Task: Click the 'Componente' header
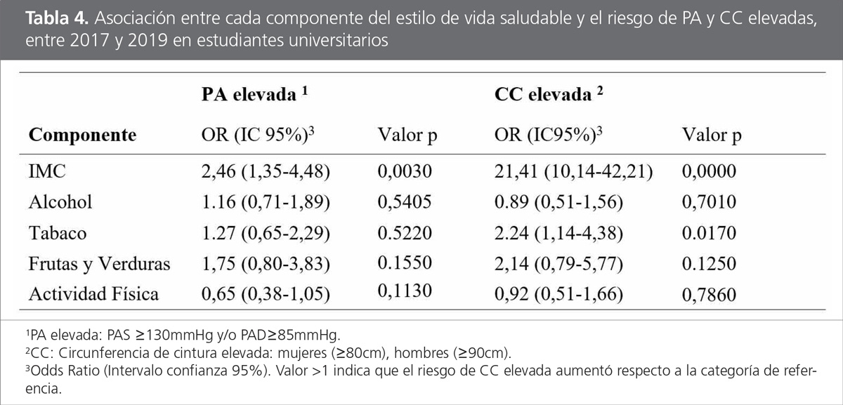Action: click(82, 135)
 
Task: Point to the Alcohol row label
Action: click(60, 203)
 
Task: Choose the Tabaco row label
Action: click(58, 234)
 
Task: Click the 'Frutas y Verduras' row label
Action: click(99, 264)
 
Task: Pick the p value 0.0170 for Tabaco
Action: click(708, 234)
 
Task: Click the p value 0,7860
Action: click(708, 294)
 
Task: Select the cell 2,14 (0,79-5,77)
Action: click(559, 264)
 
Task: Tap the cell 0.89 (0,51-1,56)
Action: click(559, 203)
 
